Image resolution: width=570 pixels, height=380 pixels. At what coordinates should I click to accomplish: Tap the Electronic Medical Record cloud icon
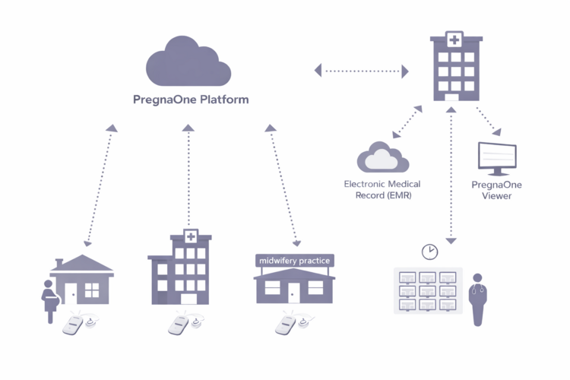pyautogui.click(x=382, y=157)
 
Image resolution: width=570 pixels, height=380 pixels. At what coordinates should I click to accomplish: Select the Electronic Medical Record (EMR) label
pyautogui.click(x=382, y=189)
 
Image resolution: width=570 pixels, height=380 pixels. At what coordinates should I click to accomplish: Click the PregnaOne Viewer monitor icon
pyautogui.click(x=496, y=158)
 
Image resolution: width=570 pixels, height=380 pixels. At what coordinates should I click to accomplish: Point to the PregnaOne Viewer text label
pyautogui.click(x=497, y=190)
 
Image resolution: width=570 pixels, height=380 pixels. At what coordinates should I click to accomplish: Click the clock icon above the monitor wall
pyautogui.click(x=430, y=251)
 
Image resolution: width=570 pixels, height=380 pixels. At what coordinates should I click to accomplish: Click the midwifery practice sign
pyautogui.click(x=295, y=261)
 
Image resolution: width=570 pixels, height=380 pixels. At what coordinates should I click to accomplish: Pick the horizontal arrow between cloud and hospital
pyautogui.click(x=362, y=71)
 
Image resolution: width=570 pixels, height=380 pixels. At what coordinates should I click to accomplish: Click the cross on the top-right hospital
pyautogui.click(x=454, y=40)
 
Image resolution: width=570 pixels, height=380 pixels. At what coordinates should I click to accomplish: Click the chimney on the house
pyautogui.click(x=59, y=263)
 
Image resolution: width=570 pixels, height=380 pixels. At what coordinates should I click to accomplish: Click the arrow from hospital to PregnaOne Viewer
pyautogui.click(x=487, y=120)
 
